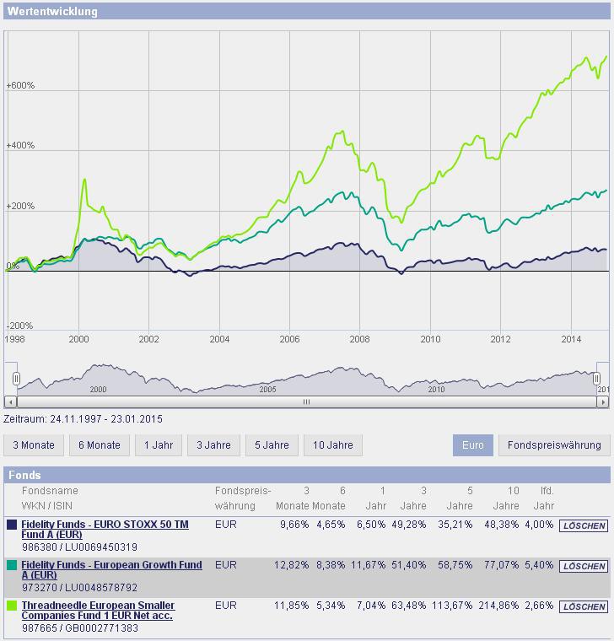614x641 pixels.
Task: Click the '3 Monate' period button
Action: [x=34, y=444]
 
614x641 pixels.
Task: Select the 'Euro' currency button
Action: [x=473, y=444]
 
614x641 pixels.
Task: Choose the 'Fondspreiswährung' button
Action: [x=554, y=444]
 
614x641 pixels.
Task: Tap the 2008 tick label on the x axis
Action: [x=360, y=339]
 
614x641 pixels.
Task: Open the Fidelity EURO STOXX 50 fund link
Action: [x=104, y=530]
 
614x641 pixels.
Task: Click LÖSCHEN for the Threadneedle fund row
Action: [x=583, y=606]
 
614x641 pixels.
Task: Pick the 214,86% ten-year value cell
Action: [x=501, y=606]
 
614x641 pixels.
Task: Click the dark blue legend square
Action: [x=12, y=525]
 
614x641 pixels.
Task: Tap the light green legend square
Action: [x=12, y=606]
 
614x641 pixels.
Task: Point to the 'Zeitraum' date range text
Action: [x=83, y=418]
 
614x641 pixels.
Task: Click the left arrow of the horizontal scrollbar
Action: [x=10, y=402]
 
